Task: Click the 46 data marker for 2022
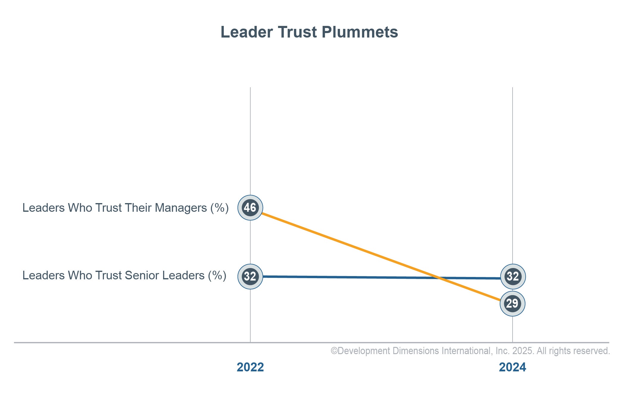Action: coord(250,208)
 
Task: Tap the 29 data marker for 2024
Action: coord(512,303)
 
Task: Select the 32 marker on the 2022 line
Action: coord(250,276)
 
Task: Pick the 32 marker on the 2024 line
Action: coord(513,276)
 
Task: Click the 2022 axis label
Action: coord(250,367)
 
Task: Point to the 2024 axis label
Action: coord(512,367)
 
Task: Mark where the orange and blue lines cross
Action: coord(439,278)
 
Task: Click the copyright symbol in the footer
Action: coord(334,351)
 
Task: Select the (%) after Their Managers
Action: coord(219,208)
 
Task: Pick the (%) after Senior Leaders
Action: coord(217,275)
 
